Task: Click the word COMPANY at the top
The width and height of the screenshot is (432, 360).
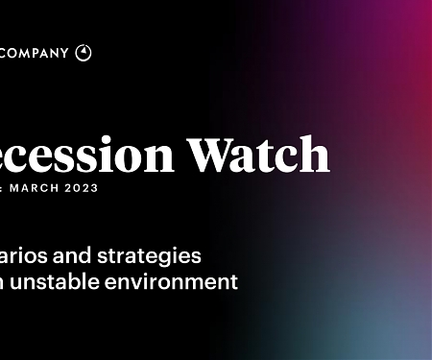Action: [35, 53]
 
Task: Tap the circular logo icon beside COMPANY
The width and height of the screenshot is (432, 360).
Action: [84, 53]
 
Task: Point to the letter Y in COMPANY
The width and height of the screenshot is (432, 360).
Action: [64, 53]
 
